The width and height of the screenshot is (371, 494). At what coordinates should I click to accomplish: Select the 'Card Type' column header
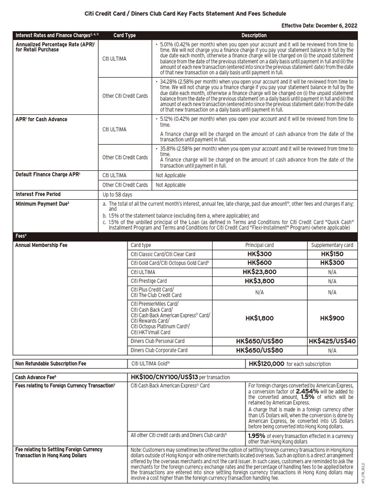pyautogui.click(x=125, y=35)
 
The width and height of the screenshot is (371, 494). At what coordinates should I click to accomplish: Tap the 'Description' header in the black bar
pyautogui.click(x=254, y=35)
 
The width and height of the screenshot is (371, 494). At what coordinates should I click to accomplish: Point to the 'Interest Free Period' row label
pyautogui.click(x=38, y=194)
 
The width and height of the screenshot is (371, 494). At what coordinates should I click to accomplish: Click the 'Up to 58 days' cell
pyautogui.click(x=117, y=194)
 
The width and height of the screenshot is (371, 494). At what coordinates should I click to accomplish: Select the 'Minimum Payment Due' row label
pyautogui.click(x=42, y=204)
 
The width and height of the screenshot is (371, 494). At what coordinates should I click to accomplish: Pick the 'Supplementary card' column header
pyautogui.click(x=332, y=245)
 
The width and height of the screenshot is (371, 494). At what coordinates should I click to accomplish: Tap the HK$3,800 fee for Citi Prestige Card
pyautogui.click(x=259, y=281)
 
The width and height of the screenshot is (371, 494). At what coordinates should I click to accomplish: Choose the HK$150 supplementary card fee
pyautogui.click(x=332, y=254)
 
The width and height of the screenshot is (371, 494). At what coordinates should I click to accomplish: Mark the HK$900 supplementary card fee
pyautogui.click(x=332, y=318)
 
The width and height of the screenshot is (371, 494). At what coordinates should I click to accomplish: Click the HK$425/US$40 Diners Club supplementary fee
pyautogui.click(x=332, y=341)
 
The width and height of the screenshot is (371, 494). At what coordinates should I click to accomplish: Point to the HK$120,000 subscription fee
pyautogui.click(x=266, y=364)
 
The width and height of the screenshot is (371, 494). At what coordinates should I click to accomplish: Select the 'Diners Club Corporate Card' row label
pyautogui.click(x=159, y=350)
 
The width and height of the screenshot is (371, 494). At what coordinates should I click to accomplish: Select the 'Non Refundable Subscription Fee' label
pyautogui.click(x=51, y=364)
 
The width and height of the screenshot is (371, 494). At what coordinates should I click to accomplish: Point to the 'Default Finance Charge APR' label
pyautogui.click(x=48, y=174)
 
